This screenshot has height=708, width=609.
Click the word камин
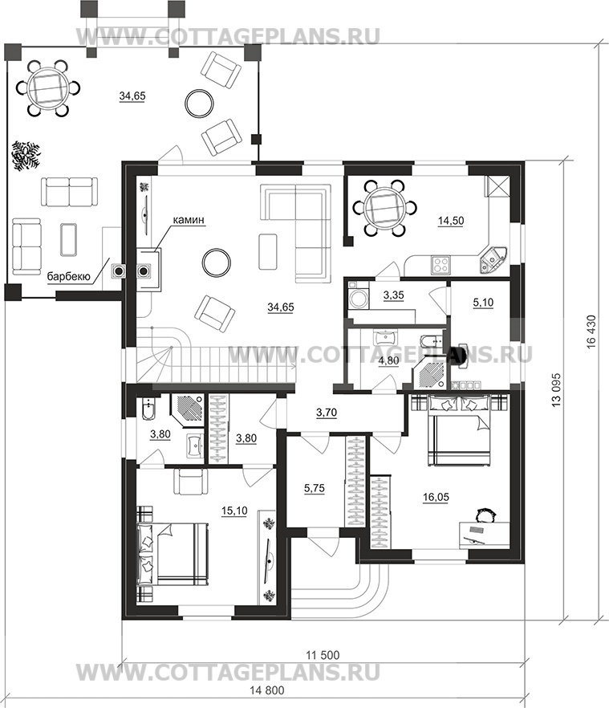coord(189,219)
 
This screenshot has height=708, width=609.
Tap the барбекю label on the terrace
coord(69,276)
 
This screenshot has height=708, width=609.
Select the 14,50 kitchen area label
coord(451,221)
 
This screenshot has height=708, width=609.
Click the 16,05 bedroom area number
coord(436,497)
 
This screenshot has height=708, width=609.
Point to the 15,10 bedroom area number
coord(234,511)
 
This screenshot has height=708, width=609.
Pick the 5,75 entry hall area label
coord(315,488)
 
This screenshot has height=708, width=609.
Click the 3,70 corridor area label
coord(327,413)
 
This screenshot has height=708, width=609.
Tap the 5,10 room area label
coord(483,303)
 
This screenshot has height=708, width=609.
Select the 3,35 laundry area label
coord(393,295)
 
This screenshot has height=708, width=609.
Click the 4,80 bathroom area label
coord(388,361)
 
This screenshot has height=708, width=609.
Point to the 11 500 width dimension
coord(323,655)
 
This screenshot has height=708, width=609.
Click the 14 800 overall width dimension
coord(267,690)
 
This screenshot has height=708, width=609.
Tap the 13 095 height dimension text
coord(556,389)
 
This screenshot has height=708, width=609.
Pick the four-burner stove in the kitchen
coord(441,265)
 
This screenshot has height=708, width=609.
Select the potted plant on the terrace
coord(26,156)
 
